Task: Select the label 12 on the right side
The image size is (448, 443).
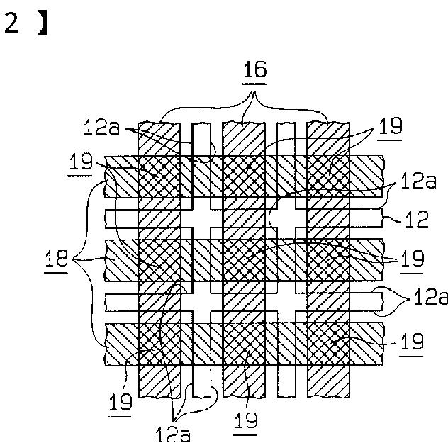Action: pyautogui.click(x=417, y=219)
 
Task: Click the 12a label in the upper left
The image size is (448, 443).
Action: pyautogui.click(x=101, y=127)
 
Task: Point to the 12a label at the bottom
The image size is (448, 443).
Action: pyautogui.click(x=172, y=434)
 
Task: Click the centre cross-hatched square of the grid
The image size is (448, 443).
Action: pyautogui.click(x=244, y=259)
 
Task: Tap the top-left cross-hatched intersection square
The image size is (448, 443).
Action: pyautogui.click(x=159, y=176)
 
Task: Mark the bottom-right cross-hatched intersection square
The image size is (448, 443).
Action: pyautogui.click(x=328, y=344)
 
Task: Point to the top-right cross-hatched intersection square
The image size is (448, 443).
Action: pyautogui.click(x=328, y=176)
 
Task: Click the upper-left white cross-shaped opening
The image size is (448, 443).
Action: pyautogui.click(x=201, y=218)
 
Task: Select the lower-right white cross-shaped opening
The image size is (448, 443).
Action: pyautogui.click(x=286, y=302)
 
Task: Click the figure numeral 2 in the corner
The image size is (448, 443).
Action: pyautogui.click(x=11, y=23)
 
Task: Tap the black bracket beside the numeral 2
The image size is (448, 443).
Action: pyautogui.click(x=43, y=24)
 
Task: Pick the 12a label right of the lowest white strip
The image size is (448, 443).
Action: pyautogui.click(x=430, y=297)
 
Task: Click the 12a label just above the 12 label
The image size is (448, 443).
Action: pyautogui.click(x=418, y=181)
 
